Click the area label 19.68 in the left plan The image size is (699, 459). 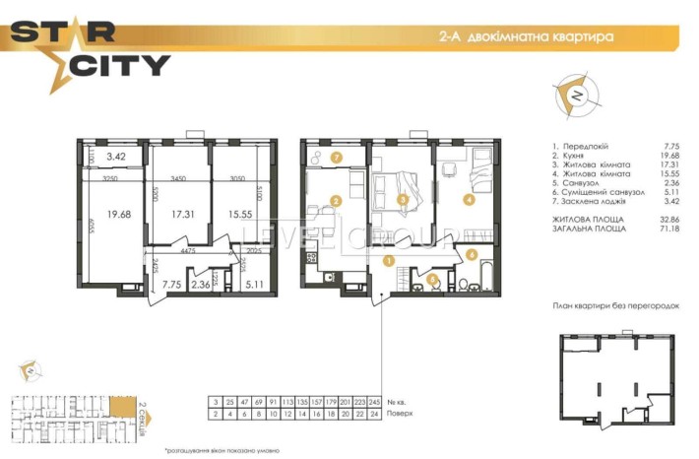click(119, 213)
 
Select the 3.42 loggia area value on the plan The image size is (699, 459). click(117, 157)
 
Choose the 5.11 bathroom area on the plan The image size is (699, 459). click(255, 287)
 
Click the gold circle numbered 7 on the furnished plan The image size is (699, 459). click(336, 157)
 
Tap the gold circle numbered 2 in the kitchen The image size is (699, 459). click(336, 202)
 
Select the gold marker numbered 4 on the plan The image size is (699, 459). click(469, 200)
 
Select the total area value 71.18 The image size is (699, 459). click(668, 228)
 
